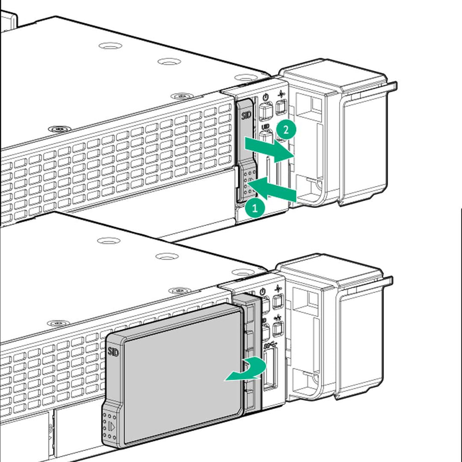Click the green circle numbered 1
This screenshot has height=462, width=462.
tap(255, 207)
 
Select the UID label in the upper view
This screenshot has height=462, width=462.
tap(266, 127)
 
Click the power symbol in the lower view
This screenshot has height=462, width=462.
tap(262, 292)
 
